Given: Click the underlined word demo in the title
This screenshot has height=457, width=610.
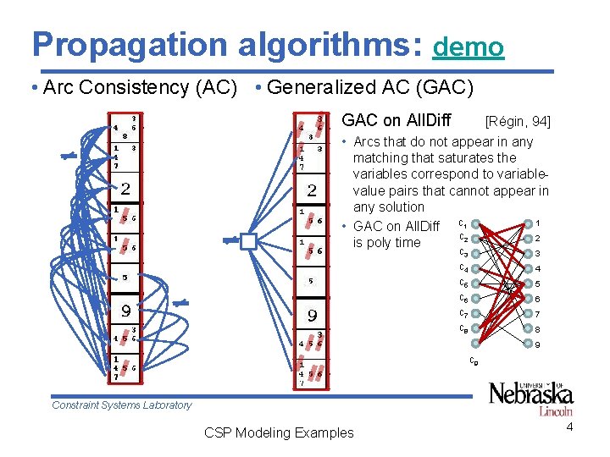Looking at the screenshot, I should tap(468, 47).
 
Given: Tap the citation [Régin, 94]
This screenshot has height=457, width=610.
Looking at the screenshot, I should tap(518, 122).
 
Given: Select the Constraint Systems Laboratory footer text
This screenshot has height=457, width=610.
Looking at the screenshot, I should tap(121, 405).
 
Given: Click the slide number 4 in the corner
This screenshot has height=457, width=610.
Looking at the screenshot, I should tap(569, 427).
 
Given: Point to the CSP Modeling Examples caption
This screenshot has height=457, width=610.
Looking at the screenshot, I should tap(279, 432).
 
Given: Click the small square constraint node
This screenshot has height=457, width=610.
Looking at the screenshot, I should tap(247, 242).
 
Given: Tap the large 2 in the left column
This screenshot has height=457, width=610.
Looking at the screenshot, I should tap(125, 188).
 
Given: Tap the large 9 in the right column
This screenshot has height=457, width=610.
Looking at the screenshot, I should tap(312, 316).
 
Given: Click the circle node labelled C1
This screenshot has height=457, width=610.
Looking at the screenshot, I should tap(477, 224).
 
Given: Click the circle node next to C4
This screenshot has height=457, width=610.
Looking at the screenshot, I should tap(477, 269).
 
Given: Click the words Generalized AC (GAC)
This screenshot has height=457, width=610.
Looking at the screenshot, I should tap(370, 87).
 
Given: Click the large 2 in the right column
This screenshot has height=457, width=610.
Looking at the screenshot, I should tap(312, 190).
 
